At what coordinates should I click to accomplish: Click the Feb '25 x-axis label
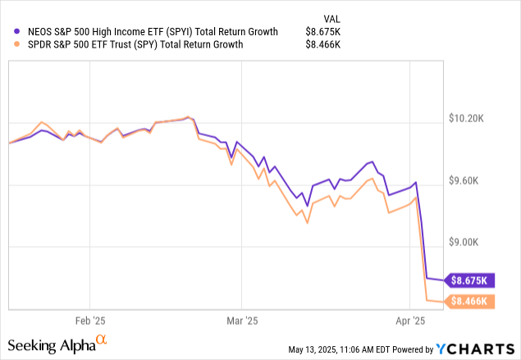(89, 321)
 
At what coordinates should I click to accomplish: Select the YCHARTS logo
(476, 347)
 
